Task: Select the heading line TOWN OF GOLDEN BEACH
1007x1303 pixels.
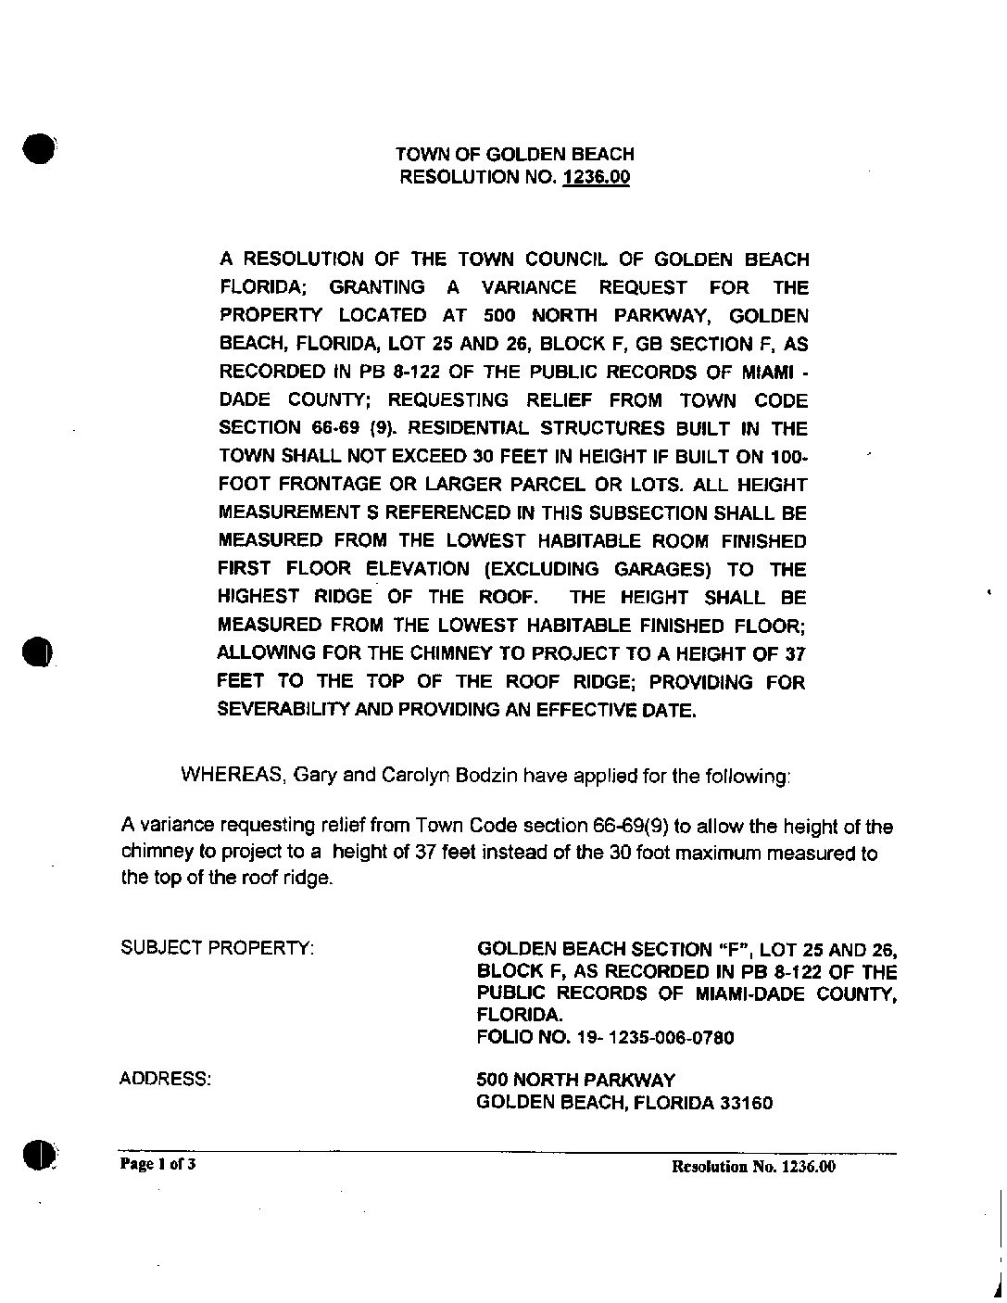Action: click(514, 154)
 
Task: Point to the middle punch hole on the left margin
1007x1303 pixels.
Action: click(39, 651)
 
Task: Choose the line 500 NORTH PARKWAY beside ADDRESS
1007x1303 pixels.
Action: click(575, 1080)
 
